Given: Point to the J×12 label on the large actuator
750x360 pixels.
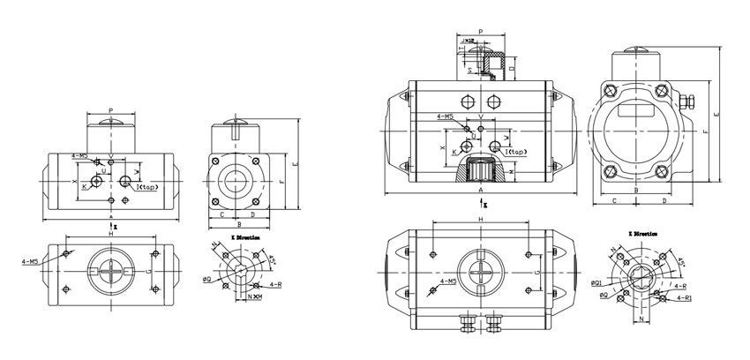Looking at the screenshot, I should click(468, 40).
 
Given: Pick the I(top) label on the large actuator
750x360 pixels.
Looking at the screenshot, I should click(514, 152).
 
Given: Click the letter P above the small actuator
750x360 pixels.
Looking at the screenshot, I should click(110, 110).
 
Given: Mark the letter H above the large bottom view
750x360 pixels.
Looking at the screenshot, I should click(480, 220).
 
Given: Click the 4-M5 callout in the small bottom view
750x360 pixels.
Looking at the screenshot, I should click(29, 261).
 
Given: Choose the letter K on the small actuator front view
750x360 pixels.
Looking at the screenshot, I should click(85, 186).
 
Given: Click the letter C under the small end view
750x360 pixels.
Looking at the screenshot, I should click(221, 214).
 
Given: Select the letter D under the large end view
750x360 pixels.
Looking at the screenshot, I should click(664, 200).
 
